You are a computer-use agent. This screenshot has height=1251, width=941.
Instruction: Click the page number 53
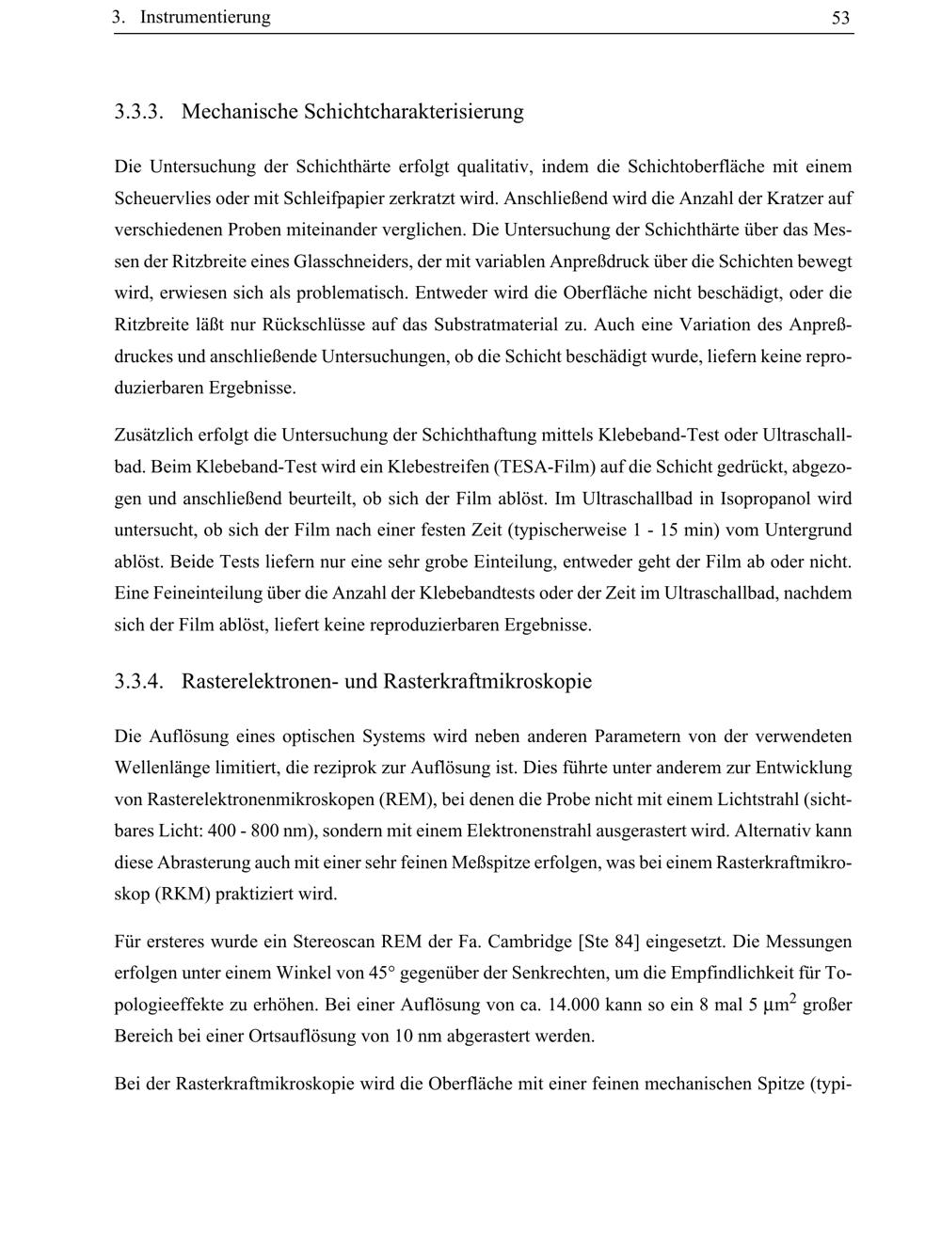[840, 18]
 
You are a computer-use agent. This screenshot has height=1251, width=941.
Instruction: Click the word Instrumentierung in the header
[205, 18]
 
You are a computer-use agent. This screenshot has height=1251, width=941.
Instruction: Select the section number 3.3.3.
[140, 112]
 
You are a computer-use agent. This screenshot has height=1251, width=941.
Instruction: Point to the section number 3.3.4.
[140, 681]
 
